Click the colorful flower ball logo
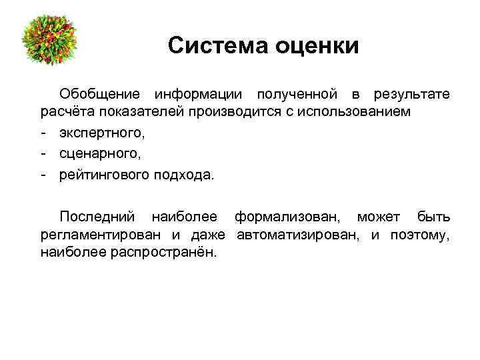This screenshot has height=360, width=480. click(50, 41)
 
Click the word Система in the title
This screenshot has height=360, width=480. click(212, 46)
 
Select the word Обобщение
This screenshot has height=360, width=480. click(101, 95)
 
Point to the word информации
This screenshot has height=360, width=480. click(199, 95)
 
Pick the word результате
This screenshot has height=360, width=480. click(412, 95)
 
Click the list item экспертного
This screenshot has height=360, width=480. click(99, 133)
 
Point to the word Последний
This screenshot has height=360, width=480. click(97, 217)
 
